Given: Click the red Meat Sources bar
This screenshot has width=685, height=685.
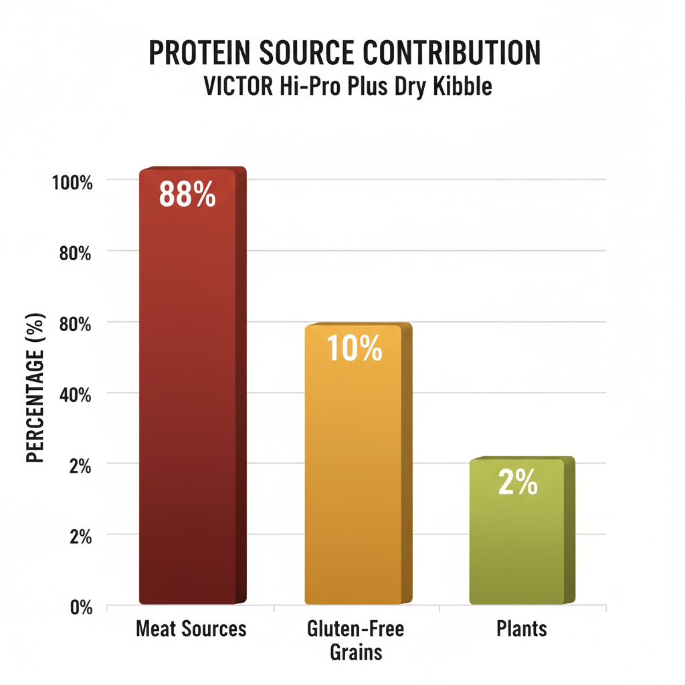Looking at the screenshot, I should pyautogui.click(x=191, y=401).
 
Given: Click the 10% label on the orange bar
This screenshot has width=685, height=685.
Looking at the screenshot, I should pyautogui.click(x=355, y=349).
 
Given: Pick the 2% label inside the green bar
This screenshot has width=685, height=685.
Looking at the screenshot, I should pyautogui.click(x=518, y=482).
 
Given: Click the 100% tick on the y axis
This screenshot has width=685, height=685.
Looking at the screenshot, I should pyautogui.click(x=72, y=181).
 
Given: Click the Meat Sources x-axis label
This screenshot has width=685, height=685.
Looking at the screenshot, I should pyautogui.click(x=191, y=629).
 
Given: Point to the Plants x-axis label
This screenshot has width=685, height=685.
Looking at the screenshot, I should pyautogui.click(x=522, y=629).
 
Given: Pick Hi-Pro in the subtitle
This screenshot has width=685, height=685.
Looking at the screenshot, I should pyautogui.click(x=310, y=87).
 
